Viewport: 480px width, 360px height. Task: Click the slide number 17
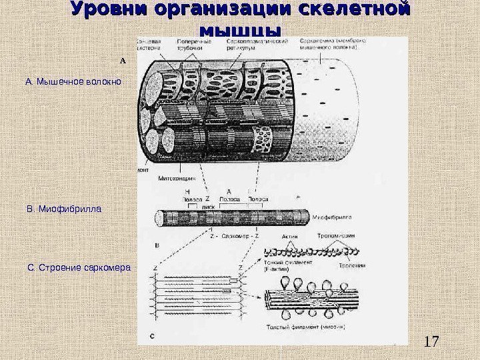433,342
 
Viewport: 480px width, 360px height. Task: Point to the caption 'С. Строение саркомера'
79,268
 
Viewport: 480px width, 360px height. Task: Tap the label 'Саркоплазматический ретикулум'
264,44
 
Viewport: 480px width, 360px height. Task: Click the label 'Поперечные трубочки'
195,44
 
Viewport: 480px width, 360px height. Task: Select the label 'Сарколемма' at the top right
333,43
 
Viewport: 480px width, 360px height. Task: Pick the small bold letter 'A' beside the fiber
122,59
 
